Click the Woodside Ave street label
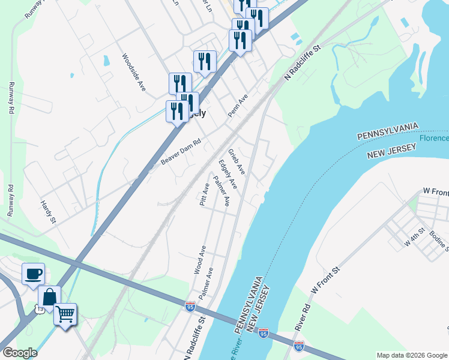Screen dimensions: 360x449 [134, 72]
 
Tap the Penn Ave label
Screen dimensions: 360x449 [238, 106]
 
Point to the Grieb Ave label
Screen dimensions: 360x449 [237, 161]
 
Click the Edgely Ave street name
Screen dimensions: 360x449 [228, 174]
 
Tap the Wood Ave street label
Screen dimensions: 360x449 [200, 260]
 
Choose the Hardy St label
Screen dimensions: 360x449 [48, 212]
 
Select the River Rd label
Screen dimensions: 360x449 [302, 317]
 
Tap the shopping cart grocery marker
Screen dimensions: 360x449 [65, 313]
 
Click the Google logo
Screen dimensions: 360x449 [19, 353]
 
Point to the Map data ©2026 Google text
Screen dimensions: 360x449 [411, 355]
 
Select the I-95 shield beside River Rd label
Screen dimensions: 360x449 [299, 346]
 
